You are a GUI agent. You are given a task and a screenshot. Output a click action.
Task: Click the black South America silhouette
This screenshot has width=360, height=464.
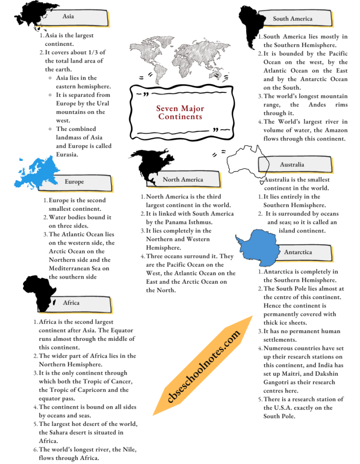click(x=252, y=23)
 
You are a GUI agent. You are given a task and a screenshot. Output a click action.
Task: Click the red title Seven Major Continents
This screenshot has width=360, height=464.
click(x=180, y=112)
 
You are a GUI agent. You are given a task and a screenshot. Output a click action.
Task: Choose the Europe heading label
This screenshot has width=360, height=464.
click(x=74, y=182)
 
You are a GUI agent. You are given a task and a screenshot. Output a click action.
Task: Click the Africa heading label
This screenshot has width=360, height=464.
click(x=71, y=303)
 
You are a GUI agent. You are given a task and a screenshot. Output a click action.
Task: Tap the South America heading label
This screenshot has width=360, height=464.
click(x=292, y=19)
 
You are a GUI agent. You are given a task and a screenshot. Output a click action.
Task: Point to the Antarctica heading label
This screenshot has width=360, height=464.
click(x=298, y=252)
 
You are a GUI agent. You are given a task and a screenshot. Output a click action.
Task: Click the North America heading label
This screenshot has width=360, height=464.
click(x=183, y=179)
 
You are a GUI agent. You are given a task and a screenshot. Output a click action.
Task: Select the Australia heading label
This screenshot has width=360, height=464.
click(x=292, y=164)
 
